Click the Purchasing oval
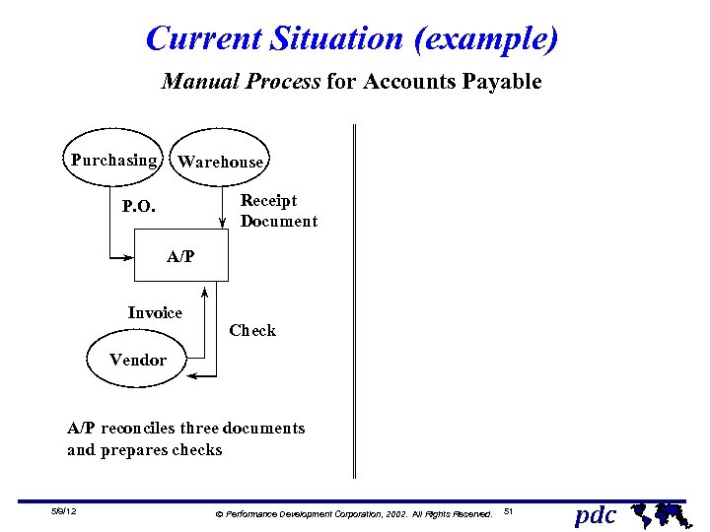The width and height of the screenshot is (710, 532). (113, 160)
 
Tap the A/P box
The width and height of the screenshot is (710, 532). (180, 257)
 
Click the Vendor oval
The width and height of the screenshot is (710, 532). (138, 360)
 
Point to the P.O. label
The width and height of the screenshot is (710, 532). (138, 207)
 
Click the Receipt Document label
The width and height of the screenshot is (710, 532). (278, 211)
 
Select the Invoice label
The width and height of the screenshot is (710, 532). (155, 312)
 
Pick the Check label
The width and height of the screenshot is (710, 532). (252, 331)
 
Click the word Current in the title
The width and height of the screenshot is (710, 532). (203, 39)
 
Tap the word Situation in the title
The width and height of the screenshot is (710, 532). (337, 39)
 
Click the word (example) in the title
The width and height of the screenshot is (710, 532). (486, 39)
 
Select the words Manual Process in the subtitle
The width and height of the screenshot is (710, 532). (241, 82)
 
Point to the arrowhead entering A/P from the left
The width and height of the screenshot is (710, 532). (128, 258)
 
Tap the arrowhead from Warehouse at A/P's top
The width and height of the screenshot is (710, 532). (223, 235)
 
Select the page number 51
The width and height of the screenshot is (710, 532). (509, 511)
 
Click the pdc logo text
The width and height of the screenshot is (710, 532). (596, 514)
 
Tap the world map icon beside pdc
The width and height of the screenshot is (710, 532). (658, 512)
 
